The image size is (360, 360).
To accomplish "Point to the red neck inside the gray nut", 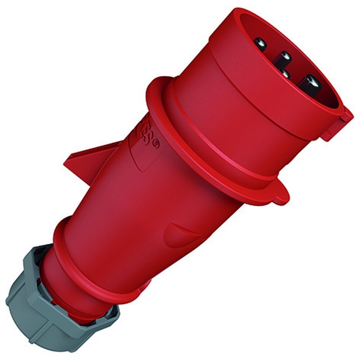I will click(x=54, y=284).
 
